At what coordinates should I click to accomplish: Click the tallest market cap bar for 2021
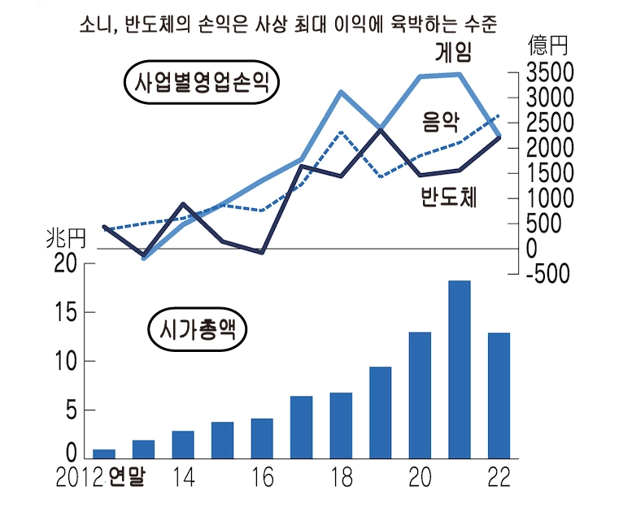[460, 370]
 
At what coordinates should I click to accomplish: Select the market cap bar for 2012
[104, 454]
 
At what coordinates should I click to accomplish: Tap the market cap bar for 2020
[420, 395]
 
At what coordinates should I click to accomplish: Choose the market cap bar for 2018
[341, 425]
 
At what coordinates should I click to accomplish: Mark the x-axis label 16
[262, 478]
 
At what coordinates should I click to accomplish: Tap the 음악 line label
[440, 124]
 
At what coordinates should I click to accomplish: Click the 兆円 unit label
[65, 239]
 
